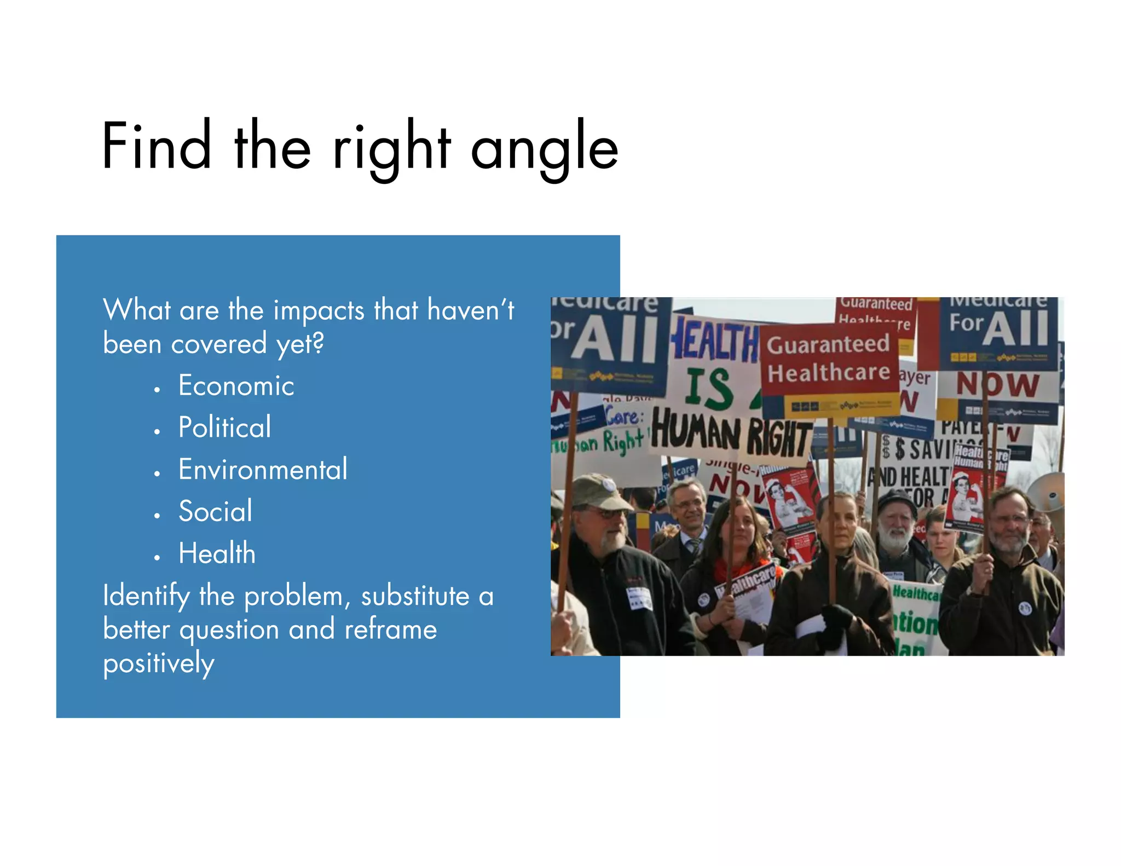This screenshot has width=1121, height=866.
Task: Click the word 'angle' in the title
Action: (x=545, y=148)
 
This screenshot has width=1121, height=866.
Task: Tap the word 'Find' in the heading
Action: (x=157, y=147)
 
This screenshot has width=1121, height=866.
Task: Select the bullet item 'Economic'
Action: (x=236, y=385)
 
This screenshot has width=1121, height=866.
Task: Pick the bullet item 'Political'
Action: (x=224, y=427)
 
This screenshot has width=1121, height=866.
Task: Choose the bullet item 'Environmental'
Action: (x=263, y=469)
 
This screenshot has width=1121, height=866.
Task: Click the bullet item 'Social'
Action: (x=215, y=511)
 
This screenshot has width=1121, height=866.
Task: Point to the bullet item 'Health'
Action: (x=217, y=553)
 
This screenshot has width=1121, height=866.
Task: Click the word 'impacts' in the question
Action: (x=319, y=310)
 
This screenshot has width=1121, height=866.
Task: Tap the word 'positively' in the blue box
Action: (x=158, y=663)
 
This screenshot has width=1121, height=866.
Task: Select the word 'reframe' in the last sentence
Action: (x=390, y=630)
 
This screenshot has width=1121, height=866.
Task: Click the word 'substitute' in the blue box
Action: (x=415, y=596)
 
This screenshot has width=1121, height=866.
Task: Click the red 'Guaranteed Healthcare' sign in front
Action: (x=828, y=359)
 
